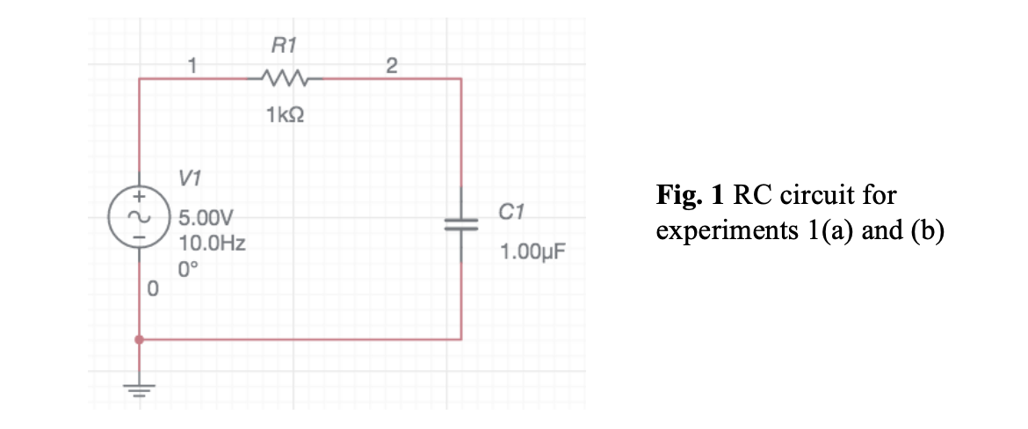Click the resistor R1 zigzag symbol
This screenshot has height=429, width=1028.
click(x=282, y=80)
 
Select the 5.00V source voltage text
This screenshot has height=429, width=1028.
click(x=203, y=218)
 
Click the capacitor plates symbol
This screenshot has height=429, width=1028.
click(x=461, y=224)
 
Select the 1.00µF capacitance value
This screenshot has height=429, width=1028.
click(x=530, y=254)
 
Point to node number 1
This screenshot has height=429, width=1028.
click(x=193, y=64)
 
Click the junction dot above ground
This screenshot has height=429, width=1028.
click(x=139, y=338)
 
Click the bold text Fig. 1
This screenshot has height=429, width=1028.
click(x=691, y=194)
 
